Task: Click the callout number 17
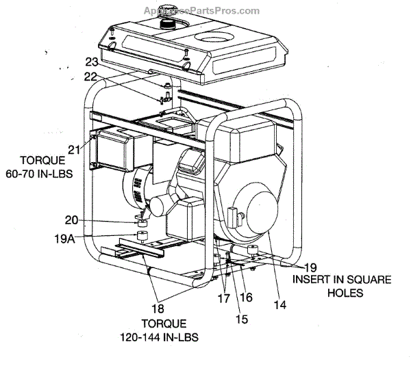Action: [223, 298]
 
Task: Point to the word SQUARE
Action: [367, 279]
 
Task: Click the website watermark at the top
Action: [201, 10]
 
